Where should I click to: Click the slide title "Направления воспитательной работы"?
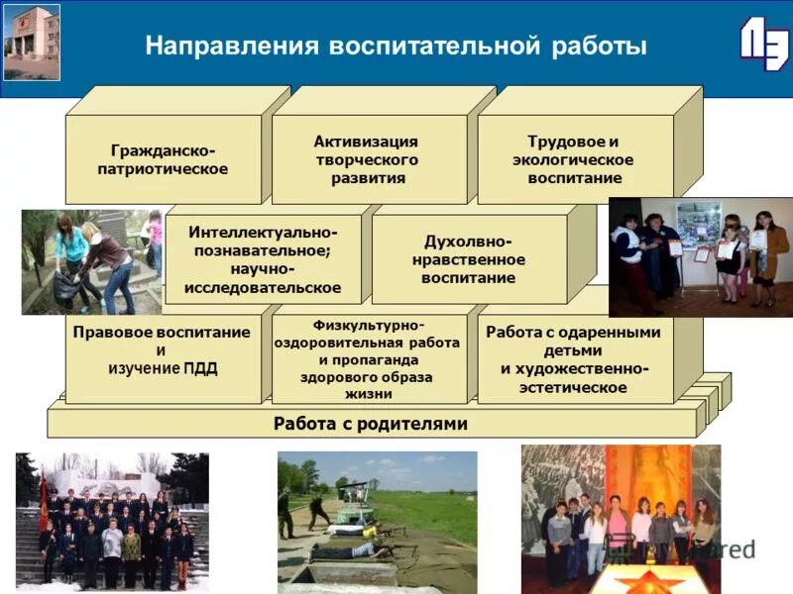[x=396, y=47]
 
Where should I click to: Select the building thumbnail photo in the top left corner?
[x=32, y=42]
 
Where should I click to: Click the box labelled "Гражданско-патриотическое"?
[x=163, y=159]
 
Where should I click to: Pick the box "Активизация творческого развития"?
[x=368, y=159]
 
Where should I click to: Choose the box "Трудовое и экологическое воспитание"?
[x=575, y=159]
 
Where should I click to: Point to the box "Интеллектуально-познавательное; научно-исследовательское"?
[x=263, y=258]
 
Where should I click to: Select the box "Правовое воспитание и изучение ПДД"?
[x=163, y=351]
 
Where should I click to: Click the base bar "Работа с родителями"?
[x=371, y=424]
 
